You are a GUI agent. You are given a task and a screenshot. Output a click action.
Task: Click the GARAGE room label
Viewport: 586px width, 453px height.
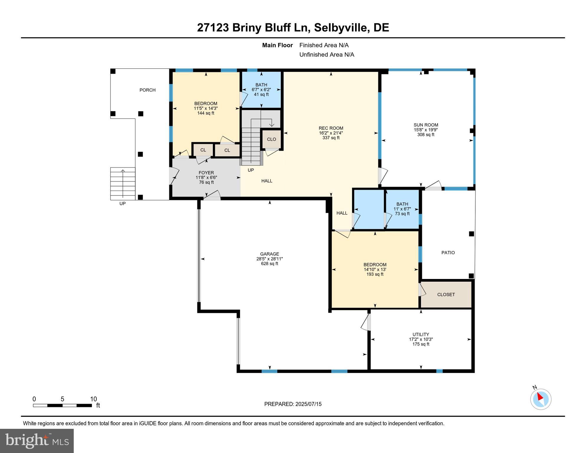point(269,254)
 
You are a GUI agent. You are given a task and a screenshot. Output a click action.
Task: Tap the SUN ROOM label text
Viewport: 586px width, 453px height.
point(426,125)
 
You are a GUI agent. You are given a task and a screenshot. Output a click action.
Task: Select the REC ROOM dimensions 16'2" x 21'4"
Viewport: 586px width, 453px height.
point(331,133)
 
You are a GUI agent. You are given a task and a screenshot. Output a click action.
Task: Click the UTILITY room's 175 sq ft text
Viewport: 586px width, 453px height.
point(421,344)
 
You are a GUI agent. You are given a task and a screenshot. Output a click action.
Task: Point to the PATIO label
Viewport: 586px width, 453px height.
point(448,253)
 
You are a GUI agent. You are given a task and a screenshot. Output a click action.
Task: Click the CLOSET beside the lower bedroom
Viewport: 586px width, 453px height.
point(446,295)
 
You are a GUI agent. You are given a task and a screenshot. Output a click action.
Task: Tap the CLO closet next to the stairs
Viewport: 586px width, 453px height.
point(271,139)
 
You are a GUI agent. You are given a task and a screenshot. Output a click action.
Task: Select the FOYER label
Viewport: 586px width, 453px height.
point(206,173)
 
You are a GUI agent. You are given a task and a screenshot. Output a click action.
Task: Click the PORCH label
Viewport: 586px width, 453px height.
point(147,90)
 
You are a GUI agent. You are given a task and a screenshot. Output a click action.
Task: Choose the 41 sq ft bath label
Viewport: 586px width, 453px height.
point(261,95)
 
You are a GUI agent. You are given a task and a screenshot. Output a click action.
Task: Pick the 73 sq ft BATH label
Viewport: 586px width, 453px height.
point(402,204)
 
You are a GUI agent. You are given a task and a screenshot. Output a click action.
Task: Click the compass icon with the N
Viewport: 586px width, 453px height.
point(541,399)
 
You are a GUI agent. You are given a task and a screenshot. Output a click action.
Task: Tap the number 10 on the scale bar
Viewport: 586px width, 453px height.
point(93,399)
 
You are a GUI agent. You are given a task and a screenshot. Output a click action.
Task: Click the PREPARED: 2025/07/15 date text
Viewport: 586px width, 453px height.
point(293,404)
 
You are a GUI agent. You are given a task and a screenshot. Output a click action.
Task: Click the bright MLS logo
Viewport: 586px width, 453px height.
point(37,441)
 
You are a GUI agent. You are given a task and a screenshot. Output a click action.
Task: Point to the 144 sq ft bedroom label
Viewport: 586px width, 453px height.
point(206,113)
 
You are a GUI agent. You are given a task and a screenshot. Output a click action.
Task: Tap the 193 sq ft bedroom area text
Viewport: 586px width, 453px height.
point(375,274)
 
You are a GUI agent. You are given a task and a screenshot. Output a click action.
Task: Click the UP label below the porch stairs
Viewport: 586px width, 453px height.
point(122,203)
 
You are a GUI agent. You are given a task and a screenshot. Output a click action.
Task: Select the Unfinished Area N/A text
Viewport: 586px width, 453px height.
point(326,55)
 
